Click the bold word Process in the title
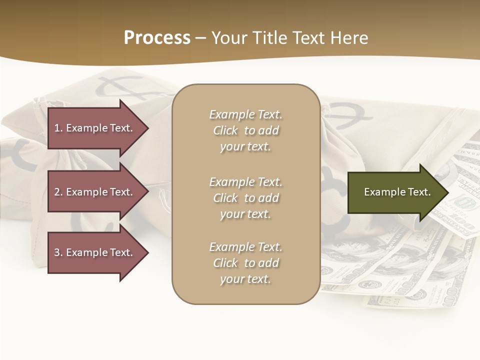pyautogui.click(x=157, y=37)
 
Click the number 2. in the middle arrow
pyautogui.click(x=58, y=192)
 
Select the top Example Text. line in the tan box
pyautogui.click(x=245, y=114)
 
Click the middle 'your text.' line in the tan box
pyautogui.click(x=245, y=214)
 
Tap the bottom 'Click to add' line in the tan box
pyautogui.click(x=245, y=263)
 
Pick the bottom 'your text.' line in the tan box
pyautogui.click(x=245, y=279)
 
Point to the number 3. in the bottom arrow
pyautogui.click(x=58, y=252)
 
